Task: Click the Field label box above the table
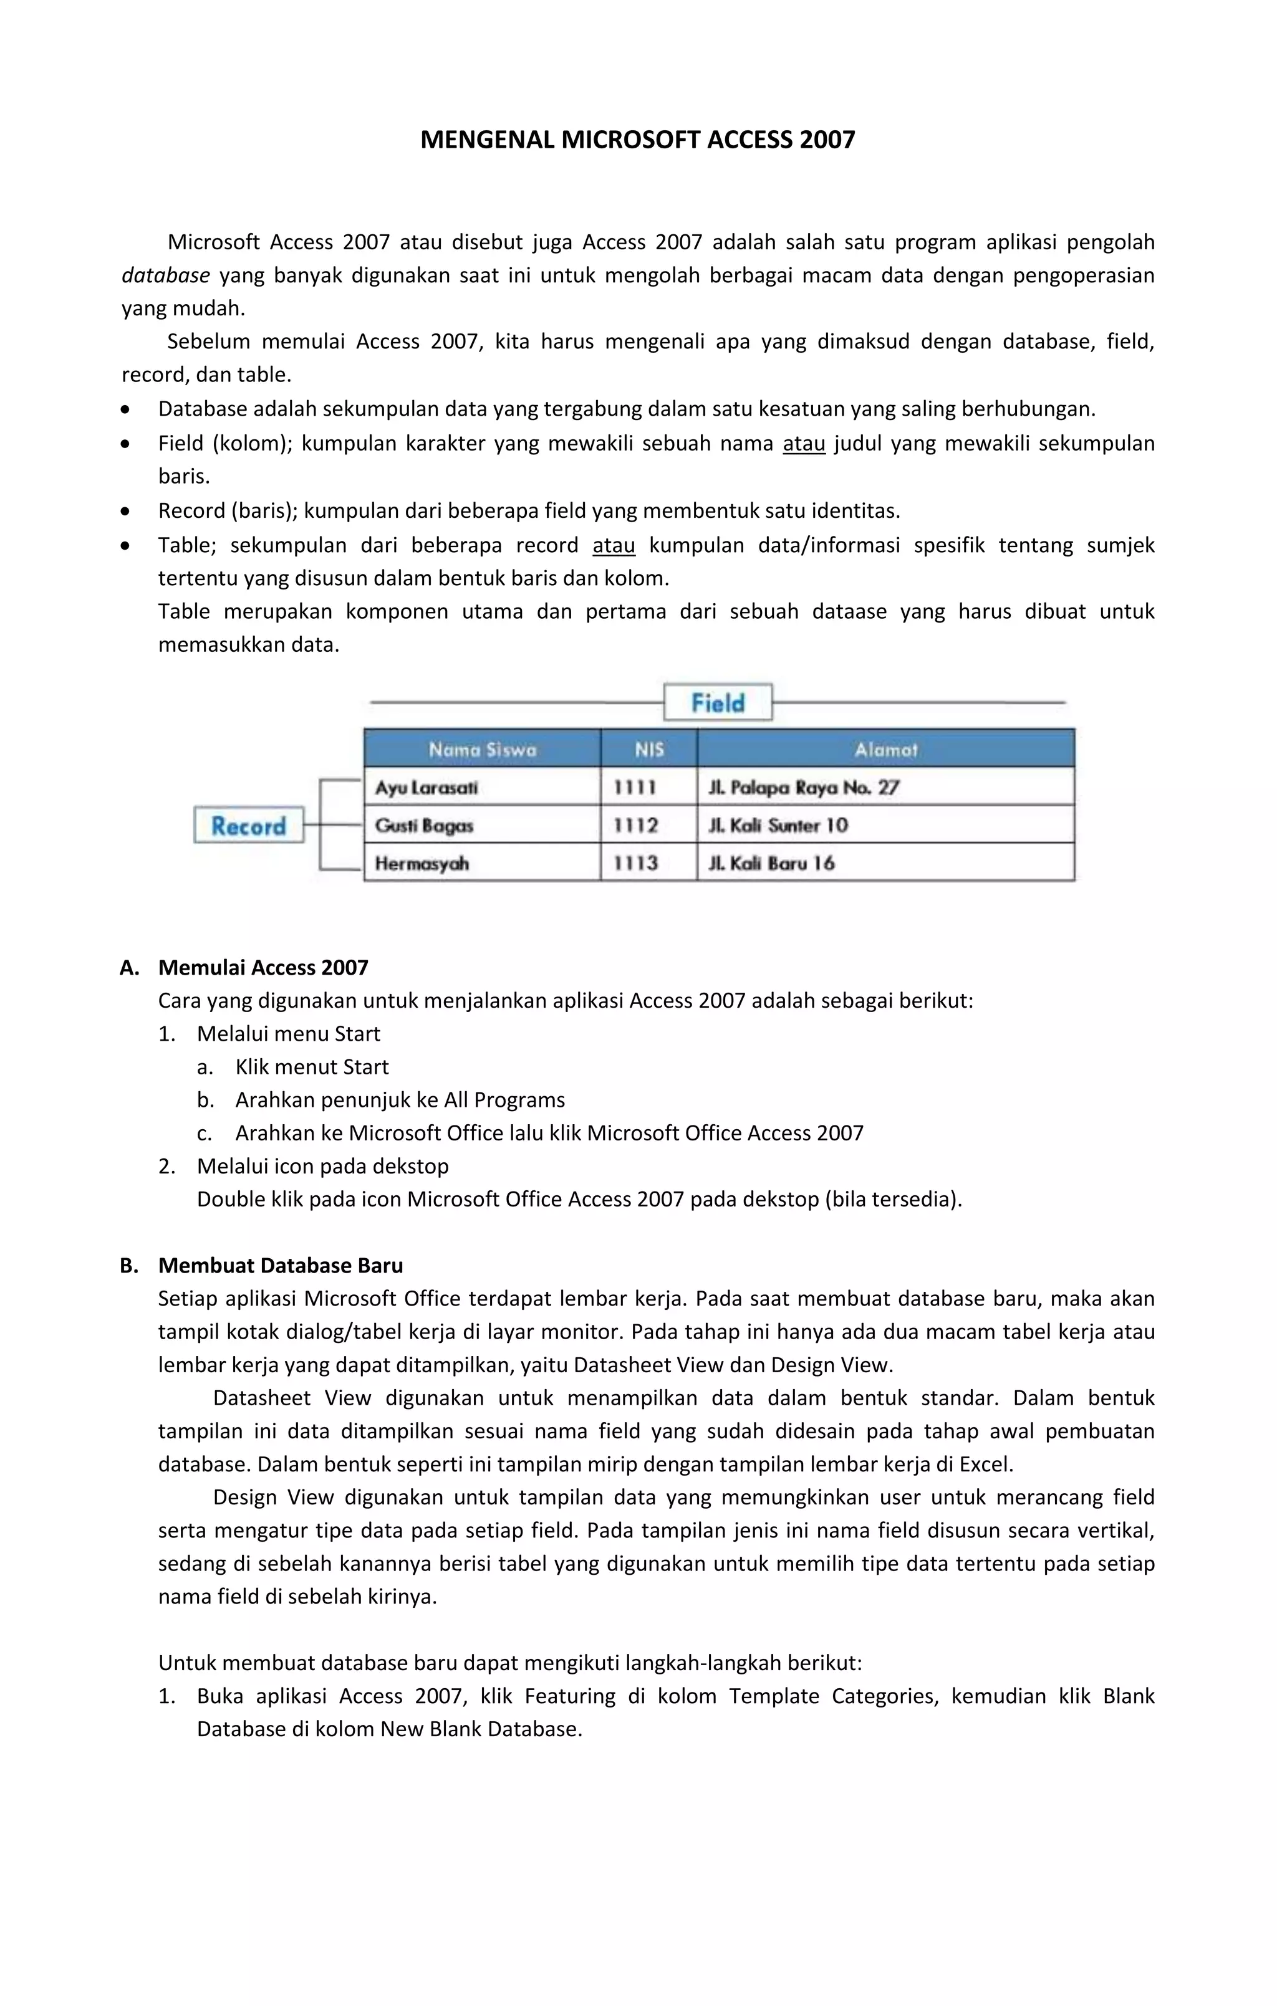tap(718, 702)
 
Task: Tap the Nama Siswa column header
tap(482, 749)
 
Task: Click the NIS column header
tap(648, 749)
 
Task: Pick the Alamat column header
tap(885, 749)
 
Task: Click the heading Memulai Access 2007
tap(263, 967)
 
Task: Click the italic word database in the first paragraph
tap(165, 275)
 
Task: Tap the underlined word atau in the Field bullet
tap(804, 443)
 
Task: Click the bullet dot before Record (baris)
tap(125, 510)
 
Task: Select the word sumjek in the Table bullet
tap(1120, 545)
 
